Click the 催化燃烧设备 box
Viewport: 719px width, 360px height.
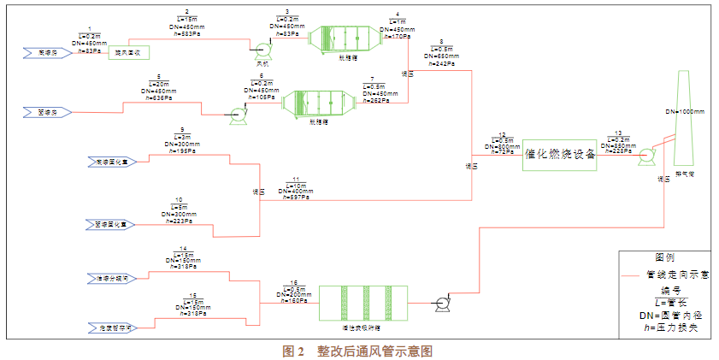point(561,155)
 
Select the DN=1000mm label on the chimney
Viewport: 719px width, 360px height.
point(685,113)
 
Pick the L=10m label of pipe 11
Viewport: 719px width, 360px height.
point(295,185)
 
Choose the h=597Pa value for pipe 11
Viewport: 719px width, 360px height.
point(295,198)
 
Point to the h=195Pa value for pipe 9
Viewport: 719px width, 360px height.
point(182,150)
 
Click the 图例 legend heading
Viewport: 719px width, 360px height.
point(664,257)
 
